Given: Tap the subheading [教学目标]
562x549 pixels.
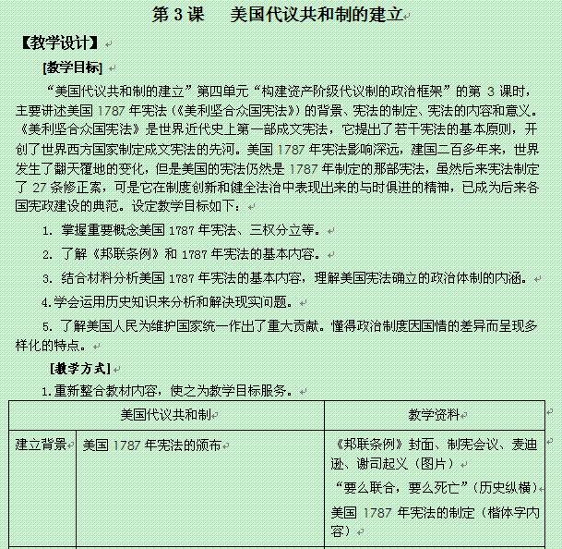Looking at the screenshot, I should point(73,67).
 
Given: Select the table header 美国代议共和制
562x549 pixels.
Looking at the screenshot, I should point(166,413).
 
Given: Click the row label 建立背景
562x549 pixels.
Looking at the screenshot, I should point(41,445).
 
